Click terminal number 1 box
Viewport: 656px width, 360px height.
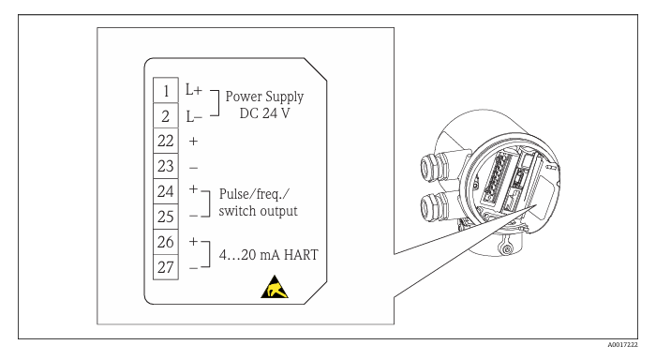click(166, 90)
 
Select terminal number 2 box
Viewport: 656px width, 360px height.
click(166, 115)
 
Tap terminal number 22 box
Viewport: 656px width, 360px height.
click(166, 141)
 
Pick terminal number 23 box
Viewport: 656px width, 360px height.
click(166, 166)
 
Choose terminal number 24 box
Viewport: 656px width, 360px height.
click(166, 192)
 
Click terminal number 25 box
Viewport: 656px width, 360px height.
click(166, 217)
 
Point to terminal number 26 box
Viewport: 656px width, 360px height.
click(166, 242)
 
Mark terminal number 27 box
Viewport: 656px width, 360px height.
click(166, 267)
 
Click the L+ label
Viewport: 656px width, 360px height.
click(194, 89)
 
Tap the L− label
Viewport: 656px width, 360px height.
click(194, 116)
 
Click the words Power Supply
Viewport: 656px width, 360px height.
click(264, 97)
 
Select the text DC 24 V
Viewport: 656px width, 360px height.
click(264, 113)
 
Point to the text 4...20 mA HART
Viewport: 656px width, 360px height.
click(269, 254)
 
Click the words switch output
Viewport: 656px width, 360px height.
click(258, 211)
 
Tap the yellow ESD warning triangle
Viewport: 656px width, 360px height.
click(275, 287)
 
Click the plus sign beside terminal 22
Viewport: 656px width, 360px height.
click(193, 141)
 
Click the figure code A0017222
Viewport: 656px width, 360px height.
click(622, 345)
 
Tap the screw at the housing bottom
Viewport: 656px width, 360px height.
click(507, 250)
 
